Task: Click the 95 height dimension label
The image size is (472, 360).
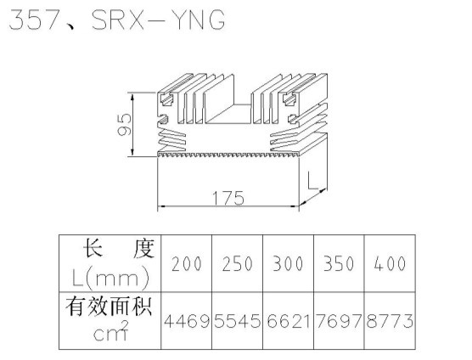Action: pos(124,125)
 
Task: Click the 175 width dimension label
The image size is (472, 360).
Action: pos(228,198)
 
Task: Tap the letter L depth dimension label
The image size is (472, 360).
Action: pos(312,180)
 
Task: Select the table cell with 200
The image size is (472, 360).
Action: pos(186,263)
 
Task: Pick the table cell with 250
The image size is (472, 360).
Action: pos(237,263)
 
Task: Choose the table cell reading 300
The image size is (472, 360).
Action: pos(288,263)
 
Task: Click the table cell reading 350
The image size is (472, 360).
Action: pos(339,263)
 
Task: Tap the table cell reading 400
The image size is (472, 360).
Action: pos(390,263)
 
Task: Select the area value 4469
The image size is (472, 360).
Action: pos(187,321)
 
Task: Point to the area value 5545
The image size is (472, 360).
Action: pos(238,321)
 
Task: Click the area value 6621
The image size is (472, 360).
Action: pos(288,321)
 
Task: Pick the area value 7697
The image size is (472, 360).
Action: pos(339,321)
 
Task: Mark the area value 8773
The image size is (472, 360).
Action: pos(390,321)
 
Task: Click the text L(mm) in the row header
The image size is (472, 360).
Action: pos(110,278)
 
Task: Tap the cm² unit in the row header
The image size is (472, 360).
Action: pos(110,331)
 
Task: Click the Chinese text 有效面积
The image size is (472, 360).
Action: pos(109,307)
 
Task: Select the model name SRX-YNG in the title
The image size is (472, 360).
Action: pos(159,20)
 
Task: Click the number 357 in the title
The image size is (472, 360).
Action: pos(33,20)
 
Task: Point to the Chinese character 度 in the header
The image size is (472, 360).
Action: pos(143,249)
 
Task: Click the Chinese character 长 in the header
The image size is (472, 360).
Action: pos(93,248)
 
